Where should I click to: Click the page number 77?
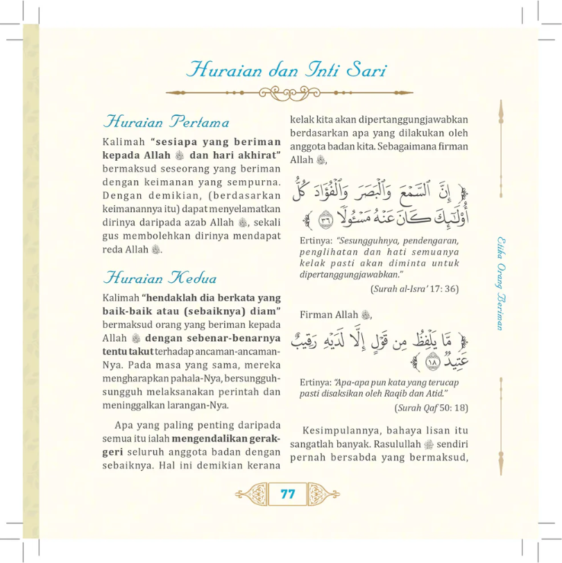(288, 494)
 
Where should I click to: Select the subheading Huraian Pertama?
(165, 123)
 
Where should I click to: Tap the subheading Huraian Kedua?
(160, 278)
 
